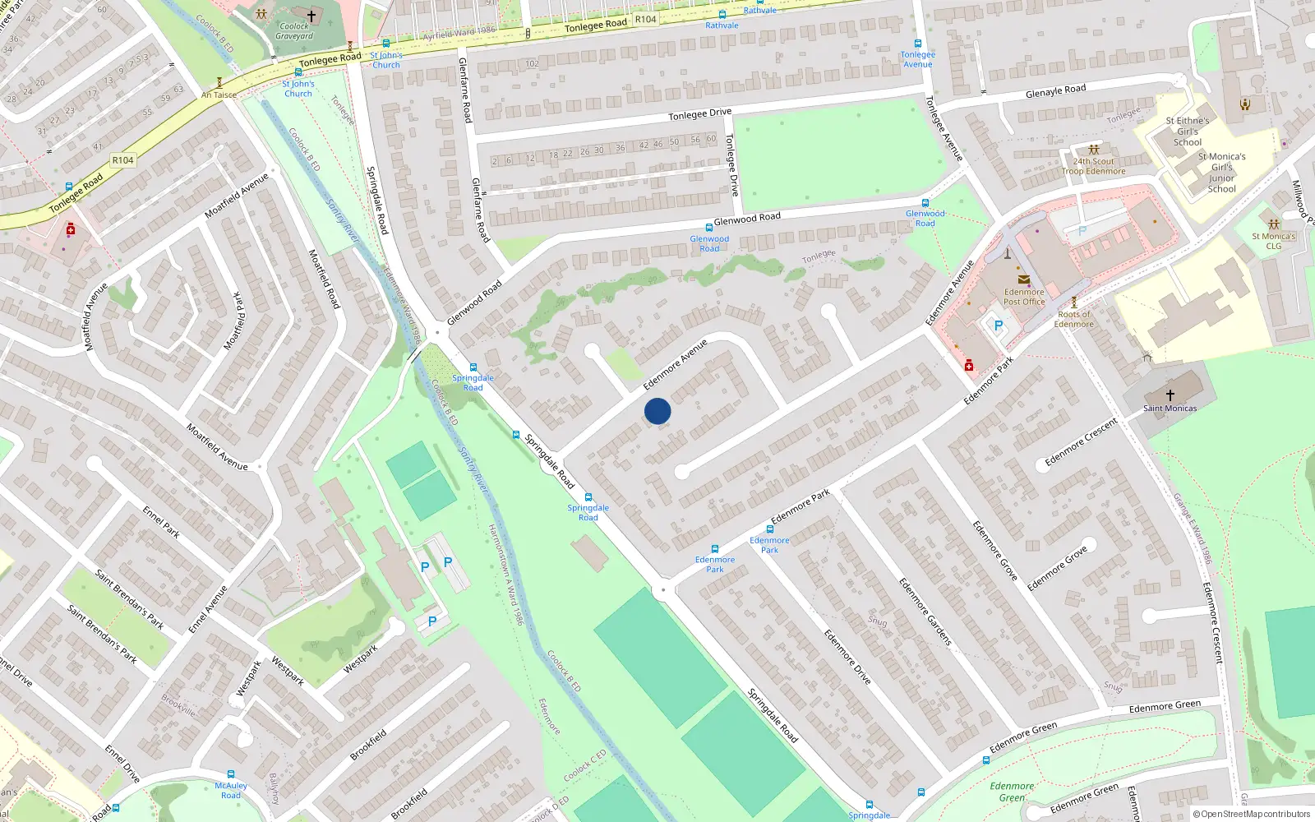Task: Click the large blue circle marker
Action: coord(657,411)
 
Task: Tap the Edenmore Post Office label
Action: coord(1024,297)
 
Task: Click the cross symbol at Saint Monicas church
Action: coord(1170,395)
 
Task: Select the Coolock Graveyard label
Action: coord(294,31)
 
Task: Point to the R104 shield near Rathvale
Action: coord(646,19)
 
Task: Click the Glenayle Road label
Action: coord(1055,91)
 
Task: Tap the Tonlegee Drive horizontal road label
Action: coord(699,113)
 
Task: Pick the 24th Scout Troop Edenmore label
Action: coord(1093,166)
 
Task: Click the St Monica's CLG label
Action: coord(1273,241)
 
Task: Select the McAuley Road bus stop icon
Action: coord(231,774)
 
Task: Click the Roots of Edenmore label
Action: coord(1074,319)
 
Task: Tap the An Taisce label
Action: coord(219,95)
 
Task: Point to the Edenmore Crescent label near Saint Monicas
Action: coord(1081,442)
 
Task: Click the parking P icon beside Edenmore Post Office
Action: coord(999,326)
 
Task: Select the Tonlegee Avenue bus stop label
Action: coord(917,59)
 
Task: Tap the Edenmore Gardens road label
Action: coord(925,612)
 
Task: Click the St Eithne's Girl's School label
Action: coord(1187,131)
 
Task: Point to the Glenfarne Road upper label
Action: coord(465,90)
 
